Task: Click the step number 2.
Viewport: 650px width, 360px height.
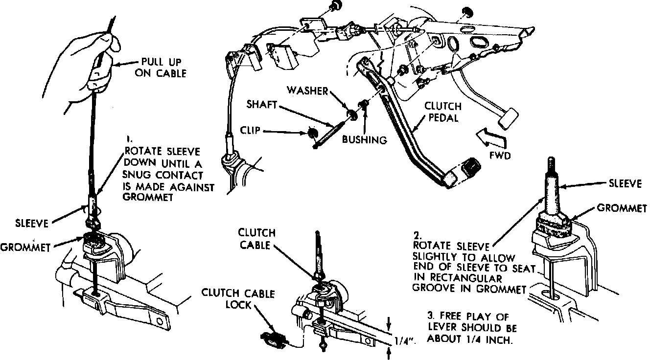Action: click(418, 235)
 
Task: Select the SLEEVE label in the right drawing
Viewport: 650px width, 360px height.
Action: click(625, 183)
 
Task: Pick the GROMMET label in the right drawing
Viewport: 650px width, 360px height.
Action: click(622, 208)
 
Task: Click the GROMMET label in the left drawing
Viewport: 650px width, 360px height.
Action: click(25, 247)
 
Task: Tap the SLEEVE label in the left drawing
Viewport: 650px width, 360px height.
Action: click(32, 224)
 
